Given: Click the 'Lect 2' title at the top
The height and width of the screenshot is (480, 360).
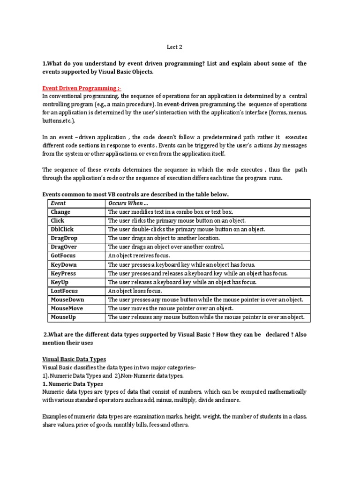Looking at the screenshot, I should point(174,47).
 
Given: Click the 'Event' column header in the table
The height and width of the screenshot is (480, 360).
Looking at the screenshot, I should point(59,203).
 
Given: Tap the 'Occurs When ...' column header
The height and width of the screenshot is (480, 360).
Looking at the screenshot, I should point(125,203).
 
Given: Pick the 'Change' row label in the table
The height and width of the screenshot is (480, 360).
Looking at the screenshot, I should point(60,212).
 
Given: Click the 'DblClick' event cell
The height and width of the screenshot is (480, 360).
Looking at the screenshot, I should point(62,229).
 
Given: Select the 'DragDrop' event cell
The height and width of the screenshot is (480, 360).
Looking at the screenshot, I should point(63,238).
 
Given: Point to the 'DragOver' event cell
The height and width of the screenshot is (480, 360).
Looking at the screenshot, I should point(63,247).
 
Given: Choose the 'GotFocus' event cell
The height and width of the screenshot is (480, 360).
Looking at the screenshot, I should point(63,255).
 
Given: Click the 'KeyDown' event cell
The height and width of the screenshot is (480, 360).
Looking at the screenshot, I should point(63,264).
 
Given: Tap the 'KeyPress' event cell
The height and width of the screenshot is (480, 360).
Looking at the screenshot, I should point(63,273).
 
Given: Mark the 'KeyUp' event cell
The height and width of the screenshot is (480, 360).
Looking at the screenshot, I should point(60,282).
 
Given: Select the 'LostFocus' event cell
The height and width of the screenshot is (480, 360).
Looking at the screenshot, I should point(65,291).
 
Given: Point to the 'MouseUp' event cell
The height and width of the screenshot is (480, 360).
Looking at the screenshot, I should point(63,317).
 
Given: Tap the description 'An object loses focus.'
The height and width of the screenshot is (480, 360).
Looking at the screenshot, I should point(135,291).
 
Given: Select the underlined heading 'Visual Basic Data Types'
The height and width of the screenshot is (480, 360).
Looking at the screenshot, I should point(74,359).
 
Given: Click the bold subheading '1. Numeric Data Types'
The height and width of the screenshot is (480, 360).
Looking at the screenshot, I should point(73,384).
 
